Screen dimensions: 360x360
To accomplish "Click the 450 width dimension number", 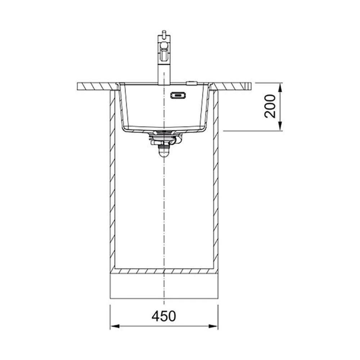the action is coord(164,316).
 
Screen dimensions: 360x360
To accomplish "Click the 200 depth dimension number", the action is coord(270,107).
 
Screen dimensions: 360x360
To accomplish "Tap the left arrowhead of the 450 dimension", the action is coord(115,326).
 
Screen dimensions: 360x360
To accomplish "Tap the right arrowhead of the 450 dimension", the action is coord(213,326).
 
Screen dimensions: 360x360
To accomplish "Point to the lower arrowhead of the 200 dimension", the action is coord(280,126).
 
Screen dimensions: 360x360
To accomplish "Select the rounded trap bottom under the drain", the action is coord(164,152).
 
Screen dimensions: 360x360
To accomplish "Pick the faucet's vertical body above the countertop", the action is coord(164,73).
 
